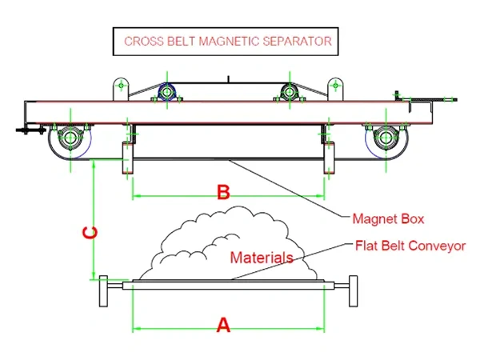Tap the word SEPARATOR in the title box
tap(298, 42)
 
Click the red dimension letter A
tap(223, 325)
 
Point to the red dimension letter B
tap(223, 192)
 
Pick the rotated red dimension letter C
tap(90, 233)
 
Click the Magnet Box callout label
tap(388, 219)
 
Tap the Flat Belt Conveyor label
tap(410, 246)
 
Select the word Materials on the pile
tap(262, 258)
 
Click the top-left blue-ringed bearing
tap(167, 91)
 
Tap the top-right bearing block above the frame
tap(290, 91)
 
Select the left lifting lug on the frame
tap(121, 89)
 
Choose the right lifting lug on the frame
tap(335, 89)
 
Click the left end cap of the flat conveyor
tap(104, 291)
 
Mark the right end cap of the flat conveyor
tap(354, 291)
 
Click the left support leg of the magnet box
tap(128, 158)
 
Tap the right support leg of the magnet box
tap(329, 158)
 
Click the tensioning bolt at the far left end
tap(30, 130)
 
